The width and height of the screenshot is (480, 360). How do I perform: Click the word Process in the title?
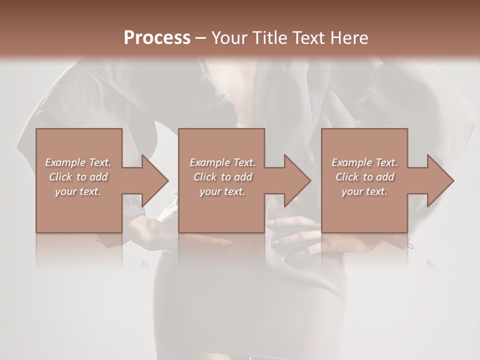click(x=157, y=37)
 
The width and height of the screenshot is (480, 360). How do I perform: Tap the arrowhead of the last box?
click(x=439, y=180)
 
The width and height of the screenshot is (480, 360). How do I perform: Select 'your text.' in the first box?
click(x=78, y=191)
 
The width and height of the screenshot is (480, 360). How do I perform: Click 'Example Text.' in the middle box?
click(x=222, y=162)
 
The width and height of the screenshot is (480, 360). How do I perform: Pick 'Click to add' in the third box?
click(x=364, y=177)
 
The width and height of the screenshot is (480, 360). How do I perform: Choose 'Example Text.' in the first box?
click(x=78, y=162)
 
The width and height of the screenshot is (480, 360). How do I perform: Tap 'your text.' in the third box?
click(x=364, y=191)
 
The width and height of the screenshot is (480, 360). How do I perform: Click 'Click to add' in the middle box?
click(x=222, y=177)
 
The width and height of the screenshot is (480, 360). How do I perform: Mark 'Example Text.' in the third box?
click(x=364, y=162)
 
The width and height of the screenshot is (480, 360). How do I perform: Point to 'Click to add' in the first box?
click(x=78, y=177)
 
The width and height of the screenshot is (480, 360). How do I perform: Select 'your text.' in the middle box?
click(x=222, y=191)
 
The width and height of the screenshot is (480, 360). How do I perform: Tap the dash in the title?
click(x=200, y=38)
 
